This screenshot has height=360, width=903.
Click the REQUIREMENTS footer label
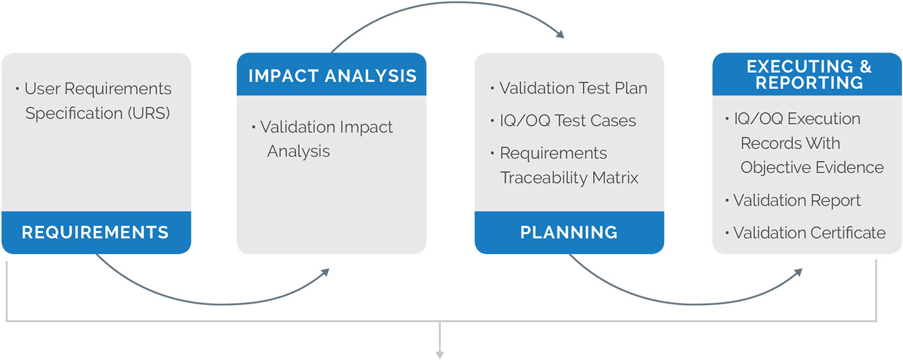pos(95,232)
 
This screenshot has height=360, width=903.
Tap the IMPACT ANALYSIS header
pos(332,76)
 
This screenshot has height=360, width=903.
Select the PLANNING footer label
pos(569,232)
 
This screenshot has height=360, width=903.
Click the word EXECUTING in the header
pos(792,66)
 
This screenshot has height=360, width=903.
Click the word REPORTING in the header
pos(809,83)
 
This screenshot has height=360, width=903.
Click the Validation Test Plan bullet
pos(573,88)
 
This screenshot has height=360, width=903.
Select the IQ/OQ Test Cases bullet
pos(568,120)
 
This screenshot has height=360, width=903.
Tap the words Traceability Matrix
pos(569,178)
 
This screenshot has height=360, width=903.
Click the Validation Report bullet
pos(797,200)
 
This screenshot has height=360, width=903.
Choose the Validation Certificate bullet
pos(809,232)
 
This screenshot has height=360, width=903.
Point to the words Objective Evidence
pos(812,167)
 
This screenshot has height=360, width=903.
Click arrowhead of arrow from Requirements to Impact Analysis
pos(326,272)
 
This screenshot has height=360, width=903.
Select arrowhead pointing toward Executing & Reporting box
pos(798,272)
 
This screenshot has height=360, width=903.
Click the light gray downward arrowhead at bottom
pos(440,355)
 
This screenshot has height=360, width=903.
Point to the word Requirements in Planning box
pos(553,153)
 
